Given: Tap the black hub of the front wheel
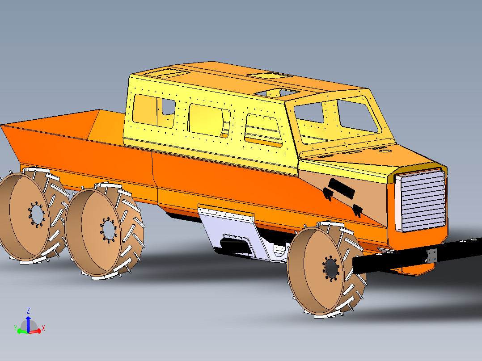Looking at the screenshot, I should point(331,268).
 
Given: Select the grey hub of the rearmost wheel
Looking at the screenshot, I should point(36,214).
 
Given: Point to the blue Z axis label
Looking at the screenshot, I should point(28,310).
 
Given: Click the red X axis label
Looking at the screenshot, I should point(43,328).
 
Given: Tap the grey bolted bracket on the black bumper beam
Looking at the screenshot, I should point(431,256).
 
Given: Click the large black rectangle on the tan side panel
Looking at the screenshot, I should point(342,188).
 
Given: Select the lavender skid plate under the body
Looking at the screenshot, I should point(233,232).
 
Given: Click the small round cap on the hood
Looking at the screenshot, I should point(384,151).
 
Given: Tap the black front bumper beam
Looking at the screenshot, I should point(402,259).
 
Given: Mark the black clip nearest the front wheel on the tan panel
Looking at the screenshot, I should point(358,210).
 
